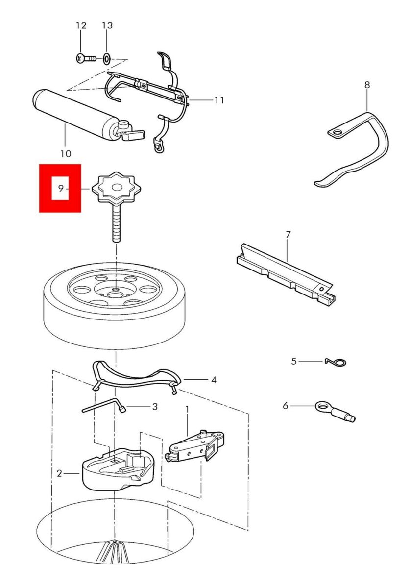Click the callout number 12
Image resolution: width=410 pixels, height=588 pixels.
point(81,25)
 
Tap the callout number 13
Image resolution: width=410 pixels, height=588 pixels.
point(107,25)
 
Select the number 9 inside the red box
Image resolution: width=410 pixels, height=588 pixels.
point(61,188)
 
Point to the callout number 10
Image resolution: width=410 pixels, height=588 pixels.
point(66,153)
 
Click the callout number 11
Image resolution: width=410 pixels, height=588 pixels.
point(219,100)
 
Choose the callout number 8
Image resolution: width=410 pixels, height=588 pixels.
point(367,85)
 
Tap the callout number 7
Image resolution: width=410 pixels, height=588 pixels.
point(288,234)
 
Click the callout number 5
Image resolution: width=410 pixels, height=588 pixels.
point(294,361)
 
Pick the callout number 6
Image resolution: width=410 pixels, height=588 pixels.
point(285,406)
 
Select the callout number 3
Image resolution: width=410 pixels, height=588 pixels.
point(155,407)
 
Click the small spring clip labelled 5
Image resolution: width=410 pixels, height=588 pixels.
point(336,362)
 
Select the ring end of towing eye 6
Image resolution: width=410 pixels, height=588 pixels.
point(322,407)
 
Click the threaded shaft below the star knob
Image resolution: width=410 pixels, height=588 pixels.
point(116,223)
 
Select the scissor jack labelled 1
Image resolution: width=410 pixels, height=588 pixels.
point(194,446)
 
